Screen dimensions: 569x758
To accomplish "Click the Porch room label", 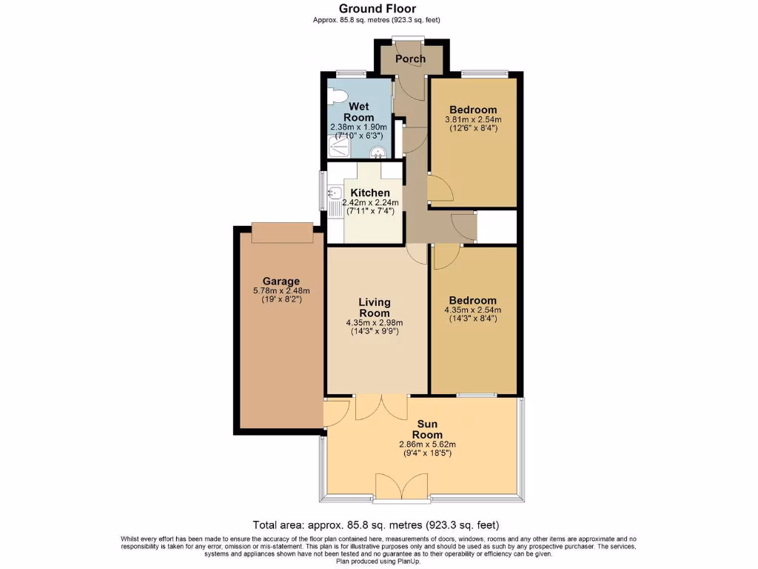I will tap(410, 59).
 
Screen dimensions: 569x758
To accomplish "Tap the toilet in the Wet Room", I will tap(338, 96).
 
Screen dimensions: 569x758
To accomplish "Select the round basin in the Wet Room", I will tap(379, 153).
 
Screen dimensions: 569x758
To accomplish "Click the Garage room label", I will tap(281, 281).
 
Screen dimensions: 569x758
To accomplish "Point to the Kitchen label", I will tap(370, 193).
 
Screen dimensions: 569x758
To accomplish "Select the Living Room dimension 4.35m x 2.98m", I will tap(375, 323).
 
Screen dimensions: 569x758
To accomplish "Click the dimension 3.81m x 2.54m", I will tap(473, 119).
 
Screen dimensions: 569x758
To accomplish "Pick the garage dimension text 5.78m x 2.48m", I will tap(281, 290).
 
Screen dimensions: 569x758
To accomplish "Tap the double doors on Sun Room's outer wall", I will tap(397, 488).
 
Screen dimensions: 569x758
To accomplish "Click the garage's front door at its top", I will tap(282, 232).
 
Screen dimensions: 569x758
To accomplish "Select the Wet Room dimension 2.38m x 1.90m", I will tap(358, 127).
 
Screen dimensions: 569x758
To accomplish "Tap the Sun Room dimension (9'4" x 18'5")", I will tap(428, 453).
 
